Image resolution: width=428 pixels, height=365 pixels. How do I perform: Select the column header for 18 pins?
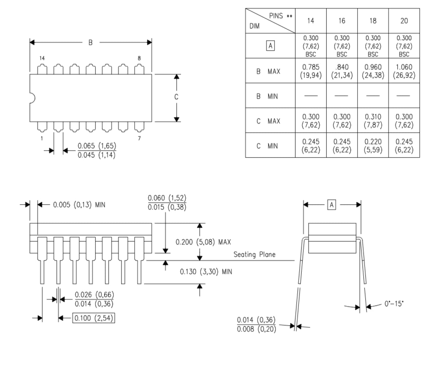(373, 21)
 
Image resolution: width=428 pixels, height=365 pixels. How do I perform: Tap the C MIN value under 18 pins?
(373, 145)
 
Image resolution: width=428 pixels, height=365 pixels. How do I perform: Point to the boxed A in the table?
(270, 46)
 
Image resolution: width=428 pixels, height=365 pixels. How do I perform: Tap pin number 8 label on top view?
(139, 58)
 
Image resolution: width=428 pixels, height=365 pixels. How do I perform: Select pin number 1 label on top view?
(42, 139)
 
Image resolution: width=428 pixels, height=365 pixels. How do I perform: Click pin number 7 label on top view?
(139, 139)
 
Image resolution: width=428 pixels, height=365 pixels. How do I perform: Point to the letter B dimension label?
(90, 42)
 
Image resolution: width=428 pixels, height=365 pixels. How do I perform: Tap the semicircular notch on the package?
(32, 98)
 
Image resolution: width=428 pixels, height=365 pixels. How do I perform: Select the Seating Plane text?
(254, 255)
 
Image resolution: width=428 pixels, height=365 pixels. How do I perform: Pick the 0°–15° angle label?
(394, 303)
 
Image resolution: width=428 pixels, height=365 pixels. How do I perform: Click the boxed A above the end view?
(332, 205)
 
